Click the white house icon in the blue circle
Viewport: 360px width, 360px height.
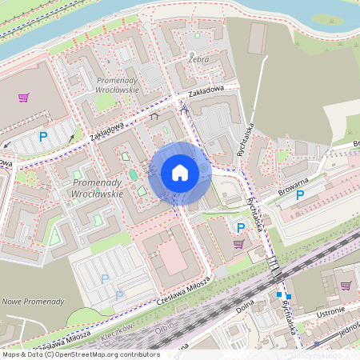(x=180, y=173)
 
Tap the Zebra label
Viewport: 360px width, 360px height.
(x=198, y=59)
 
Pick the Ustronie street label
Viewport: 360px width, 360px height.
(x=328, y=312)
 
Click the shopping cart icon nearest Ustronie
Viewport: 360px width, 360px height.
(x=346, y=285)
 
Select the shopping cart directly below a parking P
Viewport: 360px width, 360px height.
(x=239, y=244)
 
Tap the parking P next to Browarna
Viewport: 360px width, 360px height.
(x=300, y=194)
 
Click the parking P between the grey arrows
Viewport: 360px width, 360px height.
(x=43, y=137)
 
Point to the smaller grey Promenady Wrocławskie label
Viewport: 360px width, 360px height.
(x=117, y=85)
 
